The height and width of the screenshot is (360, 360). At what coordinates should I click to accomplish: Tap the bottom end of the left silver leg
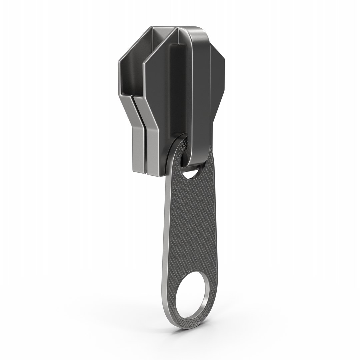(139, 171)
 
